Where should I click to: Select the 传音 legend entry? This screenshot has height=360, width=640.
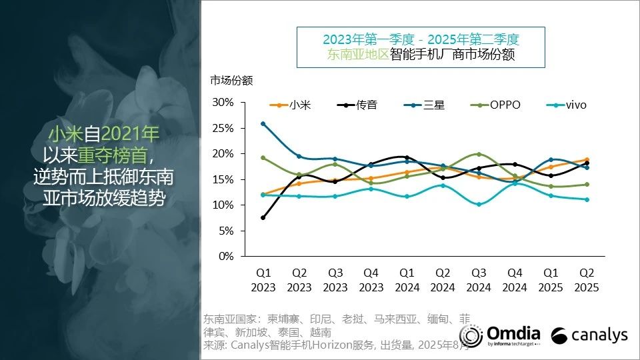tap(358, 105)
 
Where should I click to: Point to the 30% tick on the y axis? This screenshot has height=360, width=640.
tap(223, 102)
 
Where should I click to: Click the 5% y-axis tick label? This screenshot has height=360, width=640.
tap(226, 231)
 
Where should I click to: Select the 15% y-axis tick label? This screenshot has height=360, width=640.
tap(223, 179)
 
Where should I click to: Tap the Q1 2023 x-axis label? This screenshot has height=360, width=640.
tap(263, 280)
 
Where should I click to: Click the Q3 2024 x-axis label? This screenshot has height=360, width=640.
tap(479, 280)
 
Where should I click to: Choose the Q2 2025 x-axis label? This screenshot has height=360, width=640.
tap(587, 280)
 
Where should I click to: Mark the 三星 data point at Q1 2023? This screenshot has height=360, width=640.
tap(263, 124)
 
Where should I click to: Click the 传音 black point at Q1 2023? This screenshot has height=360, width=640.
tap(263, 217)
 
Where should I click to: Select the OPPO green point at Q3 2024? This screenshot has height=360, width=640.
tap(479, 154)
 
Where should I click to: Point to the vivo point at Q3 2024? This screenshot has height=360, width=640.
tap(479, 204)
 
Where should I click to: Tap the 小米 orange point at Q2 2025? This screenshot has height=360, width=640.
tap(587, 159)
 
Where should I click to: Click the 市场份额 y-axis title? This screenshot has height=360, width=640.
tap(231, 81)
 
